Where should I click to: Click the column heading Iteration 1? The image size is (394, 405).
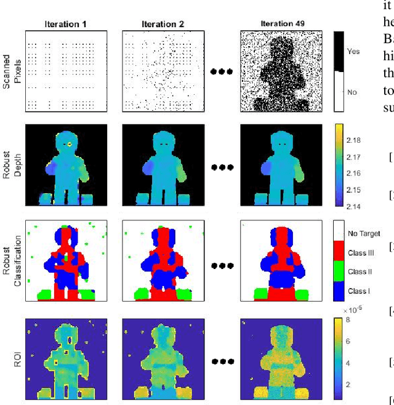[66, 24]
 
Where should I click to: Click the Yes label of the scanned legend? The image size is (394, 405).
[353, 52]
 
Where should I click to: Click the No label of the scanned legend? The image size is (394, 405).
[352, 92]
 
